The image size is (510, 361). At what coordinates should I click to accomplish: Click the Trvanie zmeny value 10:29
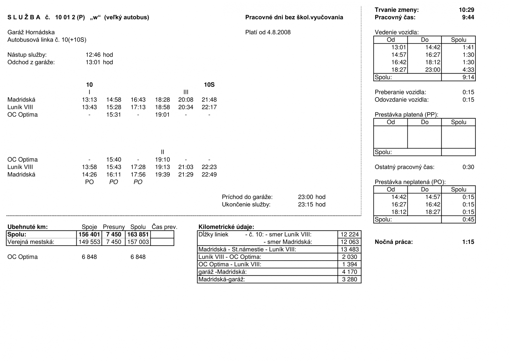(466, 10)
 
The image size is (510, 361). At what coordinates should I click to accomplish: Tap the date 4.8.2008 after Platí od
(279, 32)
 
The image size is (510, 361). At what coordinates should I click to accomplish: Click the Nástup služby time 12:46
(93, 55)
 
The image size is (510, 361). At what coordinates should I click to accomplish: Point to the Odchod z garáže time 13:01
(93, 62)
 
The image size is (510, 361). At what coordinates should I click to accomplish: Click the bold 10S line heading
(209, 85)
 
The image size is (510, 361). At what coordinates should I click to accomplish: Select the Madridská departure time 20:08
(186, 100)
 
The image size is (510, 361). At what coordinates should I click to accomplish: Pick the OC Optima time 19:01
(162, 115)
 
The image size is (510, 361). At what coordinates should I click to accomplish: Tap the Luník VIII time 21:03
(186, 167)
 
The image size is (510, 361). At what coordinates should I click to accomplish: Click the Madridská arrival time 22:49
(209, 175)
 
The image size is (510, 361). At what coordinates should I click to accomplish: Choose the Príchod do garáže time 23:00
(305, 197)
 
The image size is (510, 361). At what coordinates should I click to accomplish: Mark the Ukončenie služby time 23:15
(305, 205)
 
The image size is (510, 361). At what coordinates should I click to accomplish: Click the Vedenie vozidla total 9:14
(468, 77)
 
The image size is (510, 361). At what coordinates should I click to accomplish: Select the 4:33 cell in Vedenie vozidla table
(468, 70)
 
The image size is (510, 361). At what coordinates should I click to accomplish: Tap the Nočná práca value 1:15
(468, 242)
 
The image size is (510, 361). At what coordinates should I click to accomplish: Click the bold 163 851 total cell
(138, 235)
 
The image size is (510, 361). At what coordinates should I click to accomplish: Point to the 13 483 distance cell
(350, 249)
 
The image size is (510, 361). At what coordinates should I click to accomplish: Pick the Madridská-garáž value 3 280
(350, 279)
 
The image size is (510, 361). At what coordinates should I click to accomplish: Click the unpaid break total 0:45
(468, 219)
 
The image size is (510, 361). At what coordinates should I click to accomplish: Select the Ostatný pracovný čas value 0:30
(468, 167)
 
